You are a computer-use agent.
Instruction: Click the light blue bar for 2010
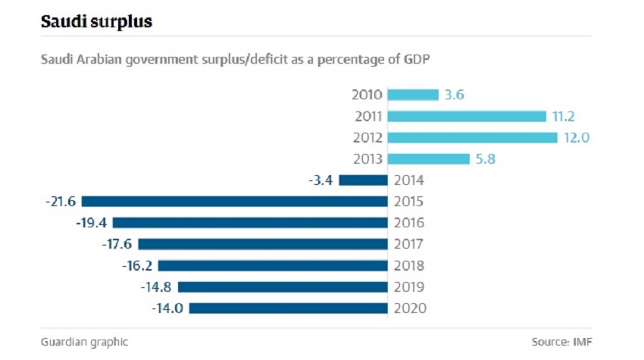pyautogui.click(x=413, y=95)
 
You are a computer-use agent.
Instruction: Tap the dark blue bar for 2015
pyautogui.click(x=234, y=202)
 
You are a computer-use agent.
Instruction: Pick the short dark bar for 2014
pyautogui.click(x=363, y=180)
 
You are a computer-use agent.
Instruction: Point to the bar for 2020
pyautogui.click(x=288, y=308)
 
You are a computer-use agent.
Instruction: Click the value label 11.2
pyautogui.click(x=564, y=116)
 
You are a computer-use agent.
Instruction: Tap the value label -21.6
pyautogui.click(x=60, y=202)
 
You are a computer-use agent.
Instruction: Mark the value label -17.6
pyautogui.click(x=117, y=244)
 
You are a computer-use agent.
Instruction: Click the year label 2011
pyautogui.click(x=368, y=116)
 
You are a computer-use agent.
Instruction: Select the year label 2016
pyautogui.click(x=410, y=223)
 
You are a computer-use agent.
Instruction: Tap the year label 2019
pyautogui.click(x=410, y=287)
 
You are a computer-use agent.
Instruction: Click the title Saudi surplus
pyautogui.click(x=96, y=22)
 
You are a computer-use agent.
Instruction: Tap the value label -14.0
pyautogui.click(x=167, y=308)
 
